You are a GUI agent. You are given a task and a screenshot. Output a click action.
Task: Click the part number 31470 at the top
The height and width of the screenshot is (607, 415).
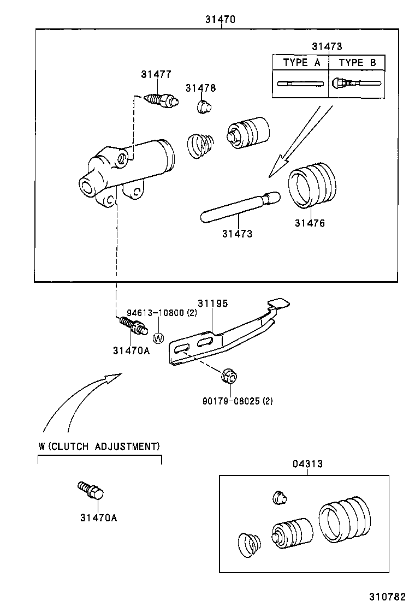[220, 20]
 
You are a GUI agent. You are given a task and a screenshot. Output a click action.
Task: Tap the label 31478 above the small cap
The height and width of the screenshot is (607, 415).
[200, 88]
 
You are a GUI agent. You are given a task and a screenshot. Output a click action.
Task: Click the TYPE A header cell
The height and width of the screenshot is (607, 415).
[301, 63]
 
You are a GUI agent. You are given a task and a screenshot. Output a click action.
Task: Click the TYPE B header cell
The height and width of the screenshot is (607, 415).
[357, 63]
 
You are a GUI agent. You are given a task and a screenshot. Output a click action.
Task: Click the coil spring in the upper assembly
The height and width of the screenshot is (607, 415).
[200, 147]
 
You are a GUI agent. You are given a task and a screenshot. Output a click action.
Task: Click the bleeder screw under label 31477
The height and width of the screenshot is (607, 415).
[162, 100]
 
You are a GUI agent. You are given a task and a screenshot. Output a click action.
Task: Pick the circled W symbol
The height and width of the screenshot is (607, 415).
[158, 338]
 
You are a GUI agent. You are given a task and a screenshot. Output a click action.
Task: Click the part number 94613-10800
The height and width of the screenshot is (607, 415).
[156, 313]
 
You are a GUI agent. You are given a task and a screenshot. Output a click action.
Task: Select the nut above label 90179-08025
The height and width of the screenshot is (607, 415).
[229, 376]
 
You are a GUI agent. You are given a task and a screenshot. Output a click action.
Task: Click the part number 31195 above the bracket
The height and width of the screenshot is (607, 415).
[212, 303]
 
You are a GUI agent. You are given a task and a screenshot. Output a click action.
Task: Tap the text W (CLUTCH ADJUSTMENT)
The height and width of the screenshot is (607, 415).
[99, 446]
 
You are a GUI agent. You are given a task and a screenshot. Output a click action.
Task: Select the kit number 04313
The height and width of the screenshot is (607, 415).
[307, 464]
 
